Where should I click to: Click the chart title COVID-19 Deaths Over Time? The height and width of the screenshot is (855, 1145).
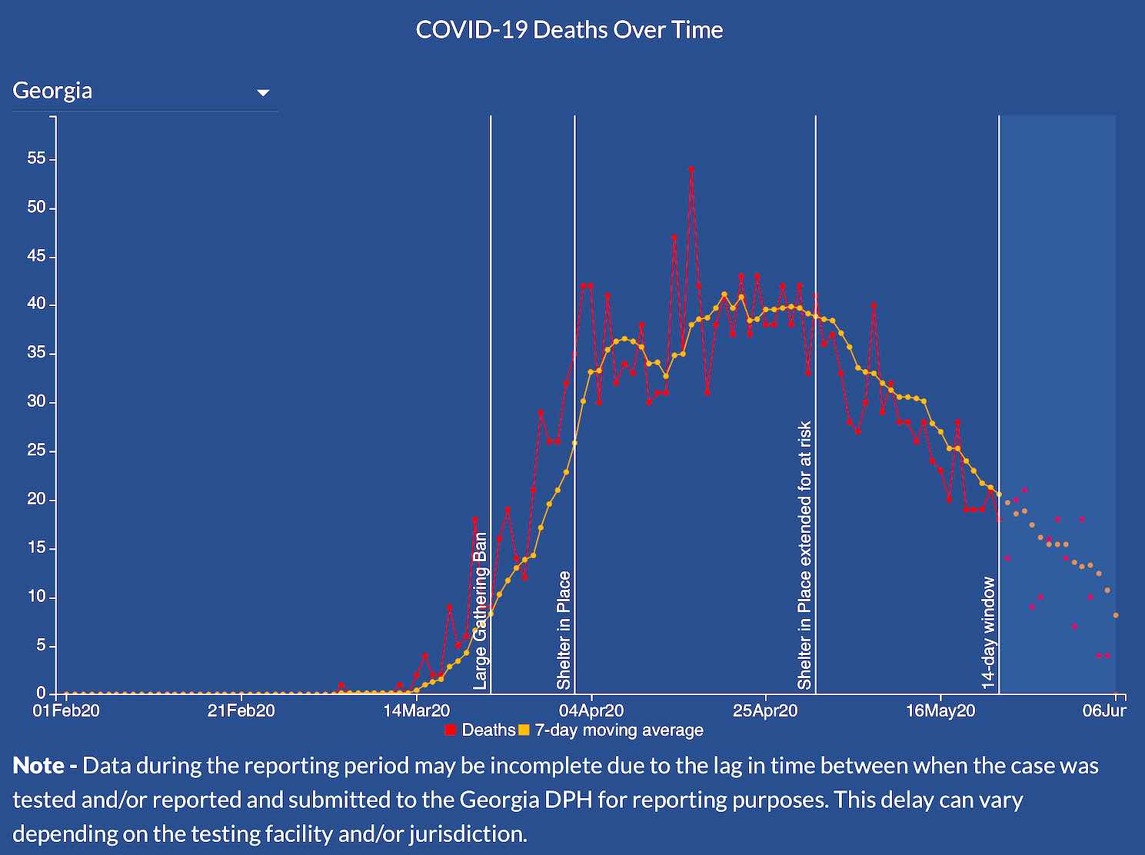[x=569, y=30]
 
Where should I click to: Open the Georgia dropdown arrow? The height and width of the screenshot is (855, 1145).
[x=263, y=92]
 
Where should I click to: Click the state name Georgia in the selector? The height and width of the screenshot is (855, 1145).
[x=52, y=91]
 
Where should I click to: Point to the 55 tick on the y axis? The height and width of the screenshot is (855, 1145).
[x=36, y=159]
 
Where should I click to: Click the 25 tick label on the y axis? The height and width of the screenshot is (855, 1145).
[x=36, y=451]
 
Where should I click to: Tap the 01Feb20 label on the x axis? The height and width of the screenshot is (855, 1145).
[x=66, y=710]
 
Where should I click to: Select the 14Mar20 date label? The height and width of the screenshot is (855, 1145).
[x=417, y=710]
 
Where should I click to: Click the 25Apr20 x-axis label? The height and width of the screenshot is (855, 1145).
[x=765, y=710]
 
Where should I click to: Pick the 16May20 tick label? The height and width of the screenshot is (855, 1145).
[x=940, y=710]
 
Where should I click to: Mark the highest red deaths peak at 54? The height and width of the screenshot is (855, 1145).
[x=691, y=168]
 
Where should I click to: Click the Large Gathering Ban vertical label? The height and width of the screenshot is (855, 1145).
[x=480, y=610]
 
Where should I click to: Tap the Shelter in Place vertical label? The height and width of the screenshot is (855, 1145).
[x=564, y=630]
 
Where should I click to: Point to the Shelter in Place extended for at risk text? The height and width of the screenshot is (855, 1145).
[x=804, y=554]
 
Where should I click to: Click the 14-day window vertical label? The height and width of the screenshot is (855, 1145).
[x=988, y=632]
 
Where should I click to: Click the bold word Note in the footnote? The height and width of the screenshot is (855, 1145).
[x=39, y=766]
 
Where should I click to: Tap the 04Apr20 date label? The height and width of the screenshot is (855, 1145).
[x=591, y=710]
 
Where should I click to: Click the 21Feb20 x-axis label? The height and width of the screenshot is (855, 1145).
[x=241, y=710]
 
